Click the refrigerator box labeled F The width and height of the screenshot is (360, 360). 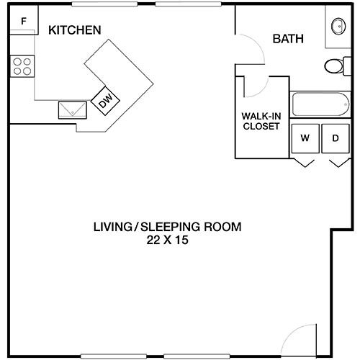[24, 22]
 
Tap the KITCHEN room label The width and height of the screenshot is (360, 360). [74, 30]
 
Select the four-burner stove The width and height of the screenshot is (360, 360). [22, 66]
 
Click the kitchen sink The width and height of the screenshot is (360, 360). [73, 109]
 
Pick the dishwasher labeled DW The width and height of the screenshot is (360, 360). [107, 102]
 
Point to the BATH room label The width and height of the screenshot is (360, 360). [288, 39]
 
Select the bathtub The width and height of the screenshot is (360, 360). [319, 106]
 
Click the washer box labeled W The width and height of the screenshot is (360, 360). [305, 138]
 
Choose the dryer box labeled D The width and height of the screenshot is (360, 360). [335, 138]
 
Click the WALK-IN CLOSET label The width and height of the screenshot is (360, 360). [261, 120]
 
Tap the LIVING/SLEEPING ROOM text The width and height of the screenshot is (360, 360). [167, 227]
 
